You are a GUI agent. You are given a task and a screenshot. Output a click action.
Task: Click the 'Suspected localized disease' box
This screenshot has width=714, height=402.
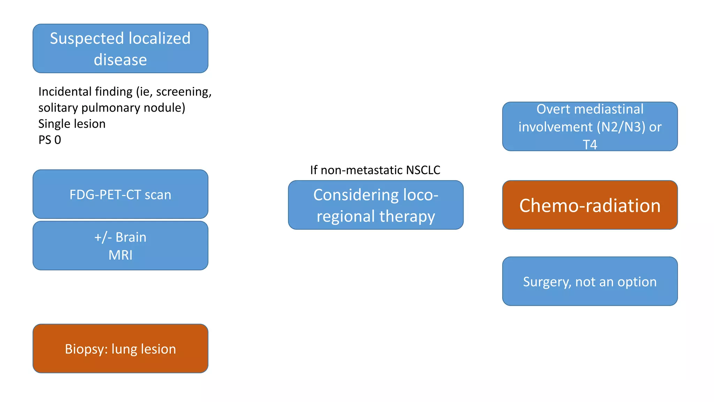pos(120,49)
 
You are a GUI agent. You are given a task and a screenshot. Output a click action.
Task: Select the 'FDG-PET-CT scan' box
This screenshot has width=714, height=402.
pos(120,194)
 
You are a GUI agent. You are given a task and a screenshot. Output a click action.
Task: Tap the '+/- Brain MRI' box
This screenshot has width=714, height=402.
pos(120,246)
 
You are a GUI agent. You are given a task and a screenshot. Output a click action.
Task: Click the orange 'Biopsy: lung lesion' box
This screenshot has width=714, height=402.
pos(120,349)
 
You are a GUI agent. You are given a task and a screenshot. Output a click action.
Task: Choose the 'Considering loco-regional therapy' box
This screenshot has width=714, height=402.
pos(375,205)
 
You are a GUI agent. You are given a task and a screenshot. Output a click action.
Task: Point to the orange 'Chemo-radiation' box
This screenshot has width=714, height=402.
pos(590,205)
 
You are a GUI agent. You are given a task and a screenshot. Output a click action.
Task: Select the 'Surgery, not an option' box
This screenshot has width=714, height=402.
pos(590,281)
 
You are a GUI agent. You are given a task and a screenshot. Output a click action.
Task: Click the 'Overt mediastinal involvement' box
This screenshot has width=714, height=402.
pos(590,126)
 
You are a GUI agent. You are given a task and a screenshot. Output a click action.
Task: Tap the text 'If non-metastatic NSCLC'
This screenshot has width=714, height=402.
pos(375,170)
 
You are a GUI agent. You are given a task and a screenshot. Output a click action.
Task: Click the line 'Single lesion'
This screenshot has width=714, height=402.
pos(72,124)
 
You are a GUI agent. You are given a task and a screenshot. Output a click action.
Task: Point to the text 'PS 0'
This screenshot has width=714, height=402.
pos(50,140)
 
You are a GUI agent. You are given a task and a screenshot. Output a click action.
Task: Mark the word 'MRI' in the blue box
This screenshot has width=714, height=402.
pos(120,255)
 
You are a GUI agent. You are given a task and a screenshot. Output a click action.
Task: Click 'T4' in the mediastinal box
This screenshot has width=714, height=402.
pos(590,144)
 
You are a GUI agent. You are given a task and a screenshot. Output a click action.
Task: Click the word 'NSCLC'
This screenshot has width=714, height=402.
pos(423,170)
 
